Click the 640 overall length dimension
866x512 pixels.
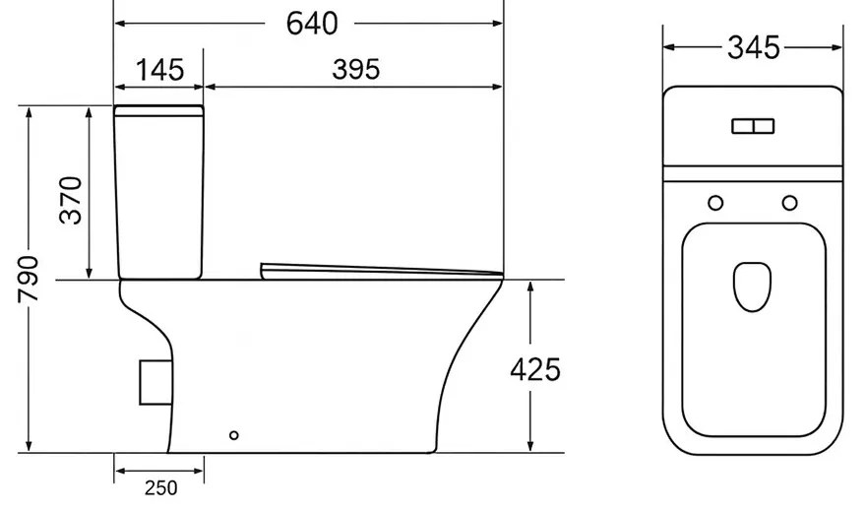click(x=312, y=24)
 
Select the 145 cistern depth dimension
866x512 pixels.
click(x=159, y=70)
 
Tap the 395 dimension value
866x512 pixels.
click(x=356, y=70)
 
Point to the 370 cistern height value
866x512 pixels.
click(x=71, y=200)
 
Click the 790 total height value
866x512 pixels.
click(x=29, y=280)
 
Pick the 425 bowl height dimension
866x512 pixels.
click(x=535, y=369)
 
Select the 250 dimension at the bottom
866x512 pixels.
click(x=161, y=487)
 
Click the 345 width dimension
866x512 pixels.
click(x=754, y=47)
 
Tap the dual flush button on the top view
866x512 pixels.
click(x=754, y=126)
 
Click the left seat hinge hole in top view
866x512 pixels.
click(x=715, y=203)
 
